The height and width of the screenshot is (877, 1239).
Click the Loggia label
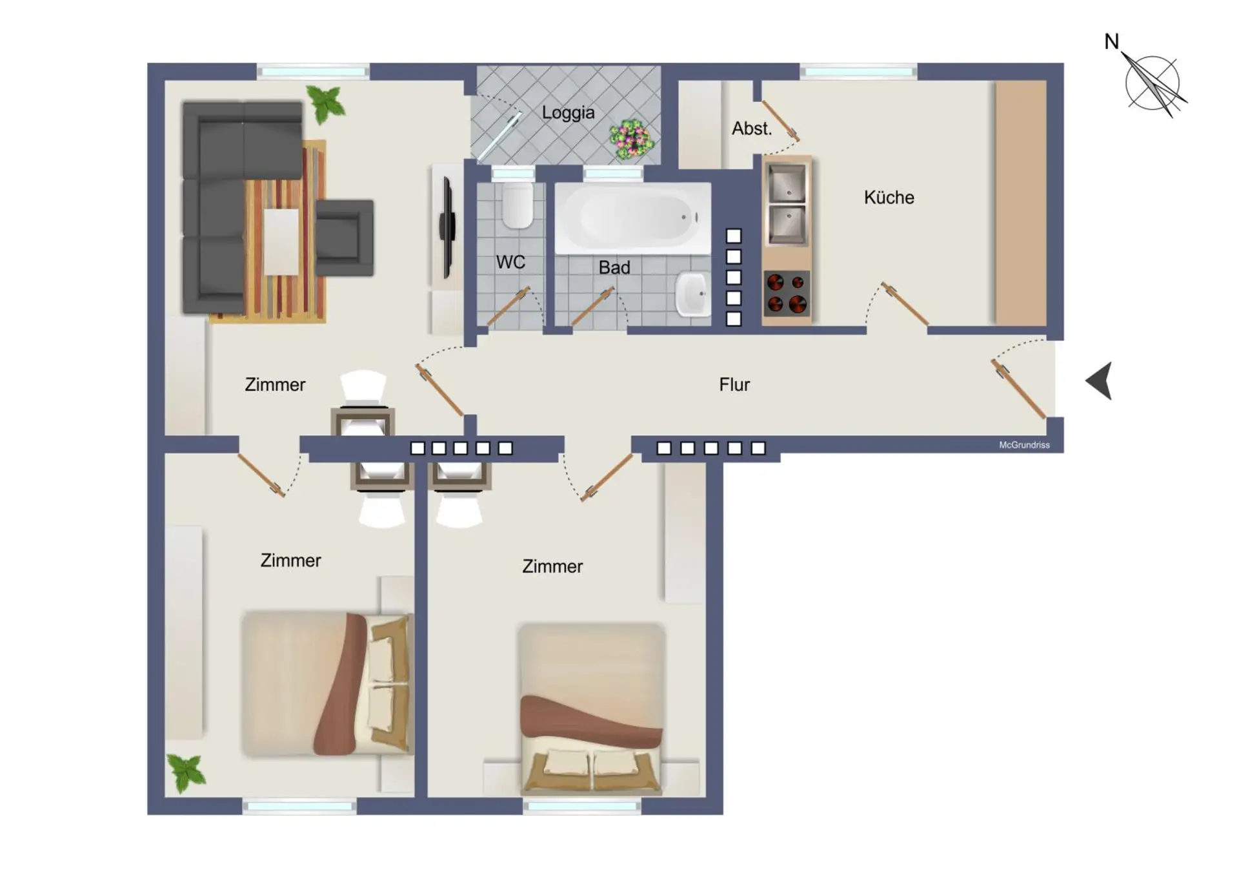coord(568,113)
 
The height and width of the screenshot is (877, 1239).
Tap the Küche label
coord(889,197)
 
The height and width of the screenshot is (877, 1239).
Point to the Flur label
coord(734,384)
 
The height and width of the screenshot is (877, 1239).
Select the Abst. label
coord(752,129)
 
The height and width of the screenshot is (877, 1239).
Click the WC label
coord(510,262)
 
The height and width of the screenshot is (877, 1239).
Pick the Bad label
coord(614,267)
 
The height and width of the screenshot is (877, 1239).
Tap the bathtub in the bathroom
coord(633,218)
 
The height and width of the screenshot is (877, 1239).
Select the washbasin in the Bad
coord(692,294)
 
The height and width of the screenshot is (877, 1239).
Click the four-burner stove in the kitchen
coord(787,293)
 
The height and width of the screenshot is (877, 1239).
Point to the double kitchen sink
coord(787,204)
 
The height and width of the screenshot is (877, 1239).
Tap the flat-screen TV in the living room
coord(447,227)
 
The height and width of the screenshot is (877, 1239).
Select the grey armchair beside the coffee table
coord(345,238)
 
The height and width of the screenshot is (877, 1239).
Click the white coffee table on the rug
coord(281,242)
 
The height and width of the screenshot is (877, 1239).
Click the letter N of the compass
coord(1111,42)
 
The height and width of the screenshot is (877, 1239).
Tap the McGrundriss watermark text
coord(1024,445)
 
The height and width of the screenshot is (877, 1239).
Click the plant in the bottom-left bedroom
coord(186,772)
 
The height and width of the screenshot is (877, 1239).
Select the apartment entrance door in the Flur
coord(1018,389)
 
